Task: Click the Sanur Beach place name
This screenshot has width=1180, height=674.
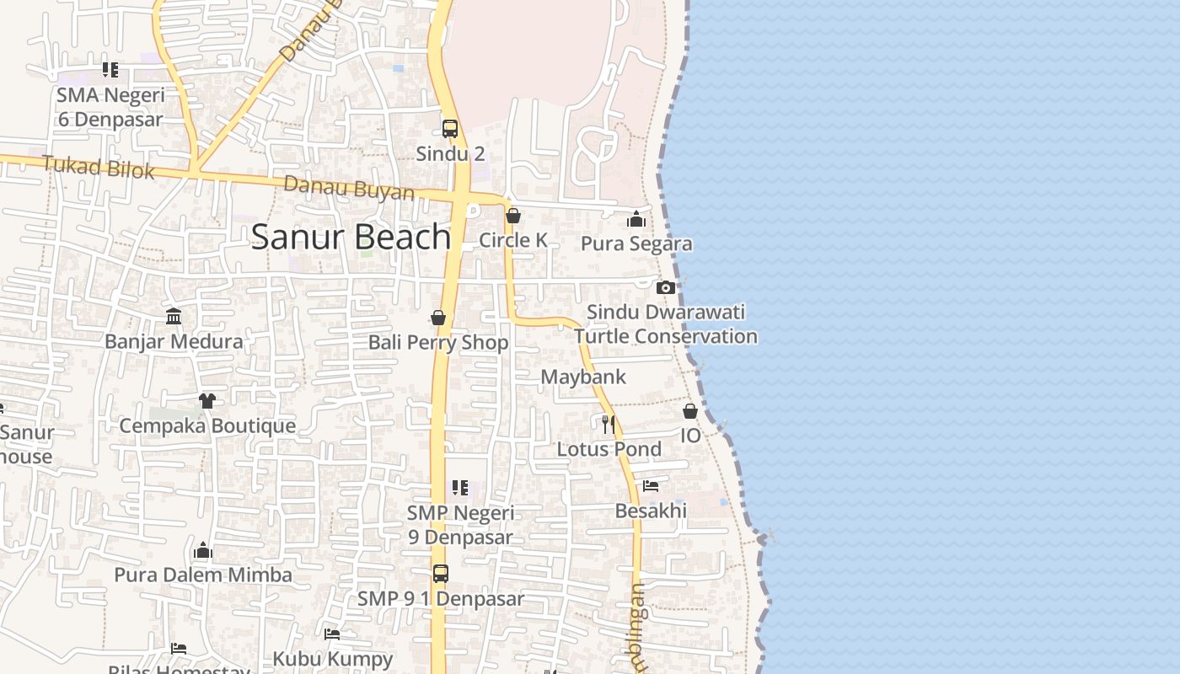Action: (x=351, y=237)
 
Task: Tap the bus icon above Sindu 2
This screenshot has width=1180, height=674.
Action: (x=450, y=129)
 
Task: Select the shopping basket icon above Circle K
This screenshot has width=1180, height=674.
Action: (x=512, y=216)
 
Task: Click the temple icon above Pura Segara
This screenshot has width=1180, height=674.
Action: (x=636, y=220)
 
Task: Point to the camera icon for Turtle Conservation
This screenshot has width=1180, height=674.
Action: (x=666, y=287)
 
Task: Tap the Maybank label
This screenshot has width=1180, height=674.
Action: (x=583, y=377)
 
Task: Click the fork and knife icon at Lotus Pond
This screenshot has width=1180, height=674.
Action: (x=609, y=424)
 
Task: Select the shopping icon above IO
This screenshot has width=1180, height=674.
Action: (x=690, y=411)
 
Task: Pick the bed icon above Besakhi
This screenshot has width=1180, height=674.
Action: (x=651, y=486)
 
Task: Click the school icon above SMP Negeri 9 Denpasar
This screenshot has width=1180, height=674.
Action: (x=460, y=488)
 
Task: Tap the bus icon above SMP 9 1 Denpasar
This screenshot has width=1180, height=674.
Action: (x=441, y=574)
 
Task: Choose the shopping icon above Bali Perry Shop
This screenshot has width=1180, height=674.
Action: (x=438, y=318)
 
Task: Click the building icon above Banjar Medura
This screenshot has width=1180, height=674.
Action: (x=174, y=317)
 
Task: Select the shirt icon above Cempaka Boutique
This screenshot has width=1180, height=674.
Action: (x=207, y=400)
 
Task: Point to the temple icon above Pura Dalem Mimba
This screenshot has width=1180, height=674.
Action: (x=203, y=551)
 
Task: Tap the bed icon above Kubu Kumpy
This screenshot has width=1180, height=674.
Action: (x=332, y=634)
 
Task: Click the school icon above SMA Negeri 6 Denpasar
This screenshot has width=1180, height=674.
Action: (x=110, y=70)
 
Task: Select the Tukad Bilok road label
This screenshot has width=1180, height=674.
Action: (x=99, y=167)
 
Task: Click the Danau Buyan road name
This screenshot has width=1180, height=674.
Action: (x=349, y=188)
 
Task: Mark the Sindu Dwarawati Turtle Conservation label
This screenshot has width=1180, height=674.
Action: (x=666, y=324)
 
